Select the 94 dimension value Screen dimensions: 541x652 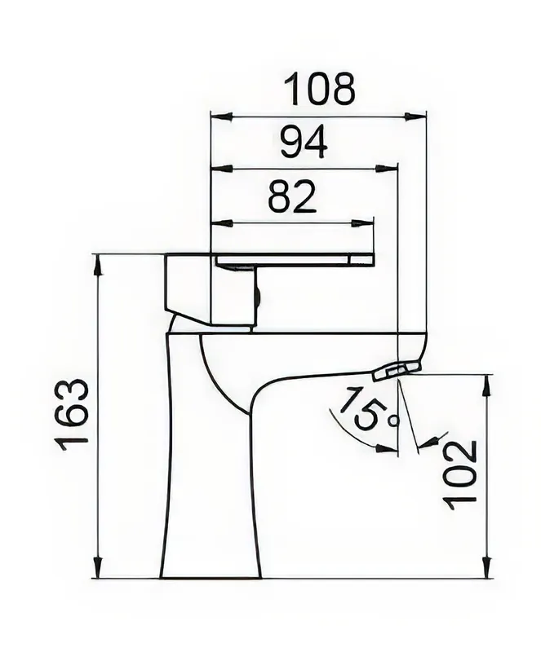pyautogui.click(x=304, y=143)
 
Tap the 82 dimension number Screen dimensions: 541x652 pyautogui.click(x=292, y=196)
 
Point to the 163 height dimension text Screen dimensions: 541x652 pyautogui.click(x=72, y=415)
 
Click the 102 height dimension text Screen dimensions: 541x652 pyautogui.click(x=459, y=475)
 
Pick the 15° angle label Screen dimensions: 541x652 pyautogui.click(x=370, y=411)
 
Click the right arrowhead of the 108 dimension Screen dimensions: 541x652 pyautogui.click(x=415, y=116)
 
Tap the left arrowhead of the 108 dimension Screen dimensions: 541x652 pyautogui.click(x=221, y=116)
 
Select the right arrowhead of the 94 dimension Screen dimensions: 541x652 pyautogui.click(x=387, y=169)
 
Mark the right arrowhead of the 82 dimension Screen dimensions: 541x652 pyautogui.click(x=363, y=223)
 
